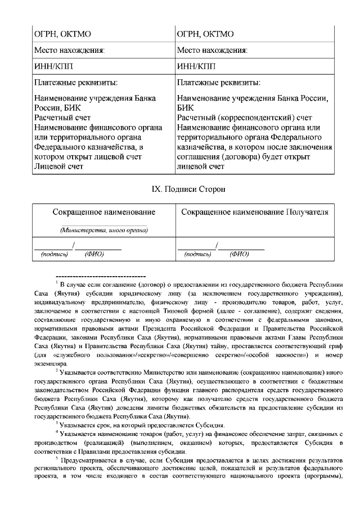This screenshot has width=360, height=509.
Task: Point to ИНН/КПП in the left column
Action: point(50,66)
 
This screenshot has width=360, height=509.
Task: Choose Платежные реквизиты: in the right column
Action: point(218,83)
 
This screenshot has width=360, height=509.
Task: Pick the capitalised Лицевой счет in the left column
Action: point(58,166)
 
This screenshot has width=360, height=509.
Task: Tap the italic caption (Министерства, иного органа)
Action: point(104,230)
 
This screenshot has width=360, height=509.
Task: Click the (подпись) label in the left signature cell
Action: point(55,254)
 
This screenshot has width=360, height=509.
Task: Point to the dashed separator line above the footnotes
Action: point(101,277)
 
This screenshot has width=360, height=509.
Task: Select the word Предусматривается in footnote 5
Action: point(88,460)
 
